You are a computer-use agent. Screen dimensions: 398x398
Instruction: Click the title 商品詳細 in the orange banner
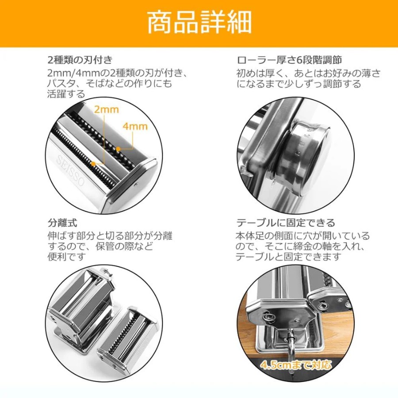click(x=199, y=23)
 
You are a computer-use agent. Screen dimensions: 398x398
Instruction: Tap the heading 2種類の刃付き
click(x=80, y=60)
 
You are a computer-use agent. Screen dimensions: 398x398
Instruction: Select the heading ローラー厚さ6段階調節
click(x=289, y=60)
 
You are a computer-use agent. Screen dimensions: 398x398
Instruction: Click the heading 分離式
click(x=62, y=223)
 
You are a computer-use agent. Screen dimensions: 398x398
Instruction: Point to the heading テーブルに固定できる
click(x=286, y=223)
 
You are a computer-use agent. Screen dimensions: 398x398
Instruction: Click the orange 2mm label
click(x=106, y=109)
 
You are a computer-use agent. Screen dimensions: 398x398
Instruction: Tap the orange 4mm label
click(x=135, y=126)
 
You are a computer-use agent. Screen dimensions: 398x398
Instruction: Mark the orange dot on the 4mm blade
click(x=118, y=149)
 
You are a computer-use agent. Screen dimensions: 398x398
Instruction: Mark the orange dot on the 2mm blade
click(x=93, y=164)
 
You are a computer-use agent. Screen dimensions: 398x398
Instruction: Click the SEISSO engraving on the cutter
click(x=70, y=171)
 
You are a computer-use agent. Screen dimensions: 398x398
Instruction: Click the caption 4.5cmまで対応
click(x=296, y=365)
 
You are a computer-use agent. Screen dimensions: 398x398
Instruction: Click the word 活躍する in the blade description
click(x=66, y=94)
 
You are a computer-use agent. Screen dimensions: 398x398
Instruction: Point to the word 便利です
click(x=66, y=257)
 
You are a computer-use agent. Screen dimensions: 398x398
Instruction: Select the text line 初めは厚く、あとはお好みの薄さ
click(x=309, y=73)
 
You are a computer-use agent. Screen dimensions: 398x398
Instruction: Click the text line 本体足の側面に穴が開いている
click(x=302, y=236)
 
